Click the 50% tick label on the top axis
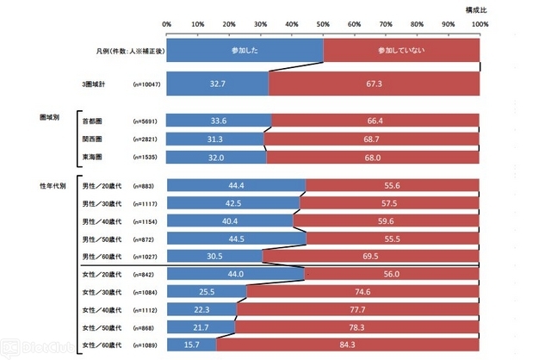tap(323, 24)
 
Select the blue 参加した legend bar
tap(245, 51)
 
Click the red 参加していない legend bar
tap(401, 51)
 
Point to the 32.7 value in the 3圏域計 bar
tap(217, 84)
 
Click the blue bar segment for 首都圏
tap(219, 121)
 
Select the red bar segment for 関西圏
tap(372, 139)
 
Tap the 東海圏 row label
tap(91, 157)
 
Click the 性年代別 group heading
tap(53, 185)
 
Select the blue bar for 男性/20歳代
tap(236, 185)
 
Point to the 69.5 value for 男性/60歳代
tap(371, 256)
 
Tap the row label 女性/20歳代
tap(102, 274)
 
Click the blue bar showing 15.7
tap(190, 345)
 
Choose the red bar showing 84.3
tap(348, 345)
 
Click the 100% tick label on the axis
tap(479, 24)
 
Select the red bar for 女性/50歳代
tap(357, 327)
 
